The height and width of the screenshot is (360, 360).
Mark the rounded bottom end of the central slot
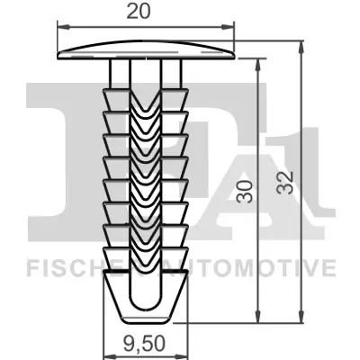tap(147, 310)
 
